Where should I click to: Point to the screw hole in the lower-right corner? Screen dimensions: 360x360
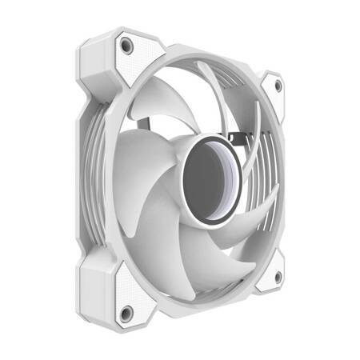pyautogui.click(x=278, y=276)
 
